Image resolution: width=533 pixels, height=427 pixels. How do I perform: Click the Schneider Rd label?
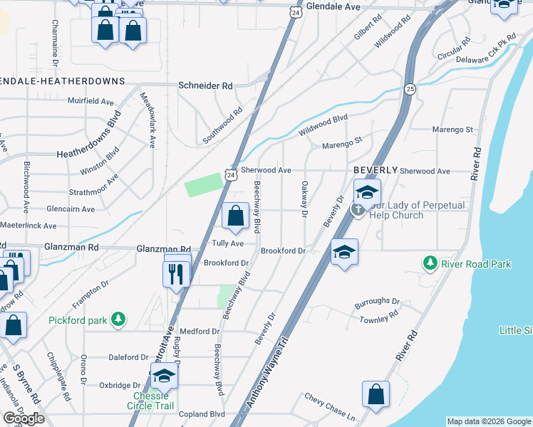click(x=205, y=85)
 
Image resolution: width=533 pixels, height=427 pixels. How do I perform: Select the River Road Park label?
click(x=475, y=264)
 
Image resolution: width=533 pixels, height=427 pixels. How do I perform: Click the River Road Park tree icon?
click(x=430, y=263)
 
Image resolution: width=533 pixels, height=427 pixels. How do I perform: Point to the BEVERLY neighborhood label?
click(x=376, y=171)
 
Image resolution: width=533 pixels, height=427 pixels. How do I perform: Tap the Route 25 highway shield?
click(x=410, y=89)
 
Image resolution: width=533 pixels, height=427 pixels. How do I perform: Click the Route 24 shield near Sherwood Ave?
click(x=228, y=174)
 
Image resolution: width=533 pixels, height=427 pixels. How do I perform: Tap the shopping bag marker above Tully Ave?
click(x=235, y=216)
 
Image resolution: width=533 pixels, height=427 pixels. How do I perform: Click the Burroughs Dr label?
click(x=377, y=302)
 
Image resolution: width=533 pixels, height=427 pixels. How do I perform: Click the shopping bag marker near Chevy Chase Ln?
click(x=376, y=394)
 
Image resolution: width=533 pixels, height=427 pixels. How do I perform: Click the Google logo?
click(x=24, y=418)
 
